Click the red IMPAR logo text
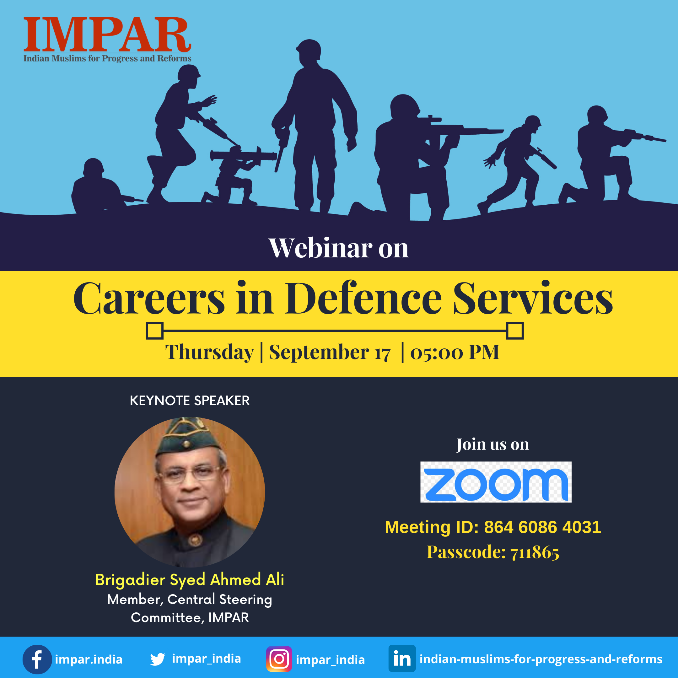pyautogui.click(x=107, y=35)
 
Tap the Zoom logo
pyautogui.click(x=496, y=482)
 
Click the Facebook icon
pyautogui.click(x=37, y=659)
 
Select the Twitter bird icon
pyautogui.click(x=158, y=659)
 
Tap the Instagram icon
pyautogui.click(x=279, y=659)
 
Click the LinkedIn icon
pyautogui.click(x=402, y=658)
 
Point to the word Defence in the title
pyautogui.click(x=363, y=298)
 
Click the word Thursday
pyautogui.click(x=209, y=352)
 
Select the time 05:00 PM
pyautogui.click(x=455, y=352)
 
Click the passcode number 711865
pyautogui.click(x=535, y=552)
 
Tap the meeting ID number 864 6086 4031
pyautogui.click(x=542, y=527)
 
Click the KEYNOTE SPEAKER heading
pyautogui.click(x=190, y=401)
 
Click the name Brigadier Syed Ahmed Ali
pyautogui.click(x=190, y=579)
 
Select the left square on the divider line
pyautogui.click(x=155, y=331)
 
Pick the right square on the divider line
pyautogui.click(x=515, y=331)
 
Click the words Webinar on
pyautogui.click(x=339, y=248)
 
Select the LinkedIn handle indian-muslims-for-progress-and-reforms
pyautogui.click(x=541, y=659)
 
